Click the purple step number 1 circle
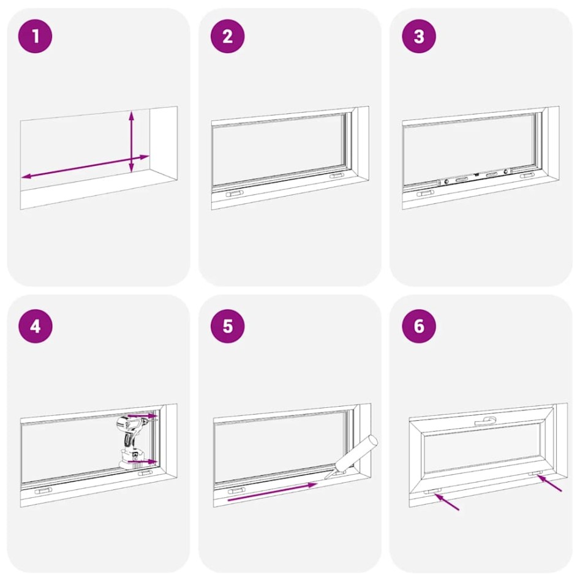(x=35, y=36)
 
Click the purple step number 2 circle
(x=227, y=36)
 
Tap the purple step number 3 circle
(x=419, y=36)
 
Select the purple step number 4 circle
(x=35, y=326)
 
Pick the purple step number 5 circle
(x=227, y=326)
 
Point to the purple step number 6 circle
(x=419, y=326)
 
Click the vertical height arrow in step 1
(x=131, y=142)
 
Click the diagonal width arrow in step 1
(x=85, y=167)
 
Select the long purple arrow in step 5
(x=272, y=492)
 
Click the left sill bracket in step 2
(x=234, y=193)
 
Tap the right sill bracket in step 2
(x=336, y=176)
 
